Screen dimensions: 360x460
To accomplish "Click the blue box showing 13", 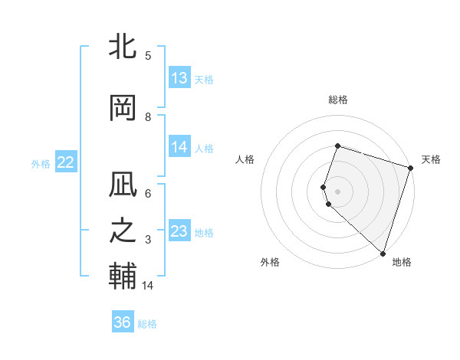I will pyautogui.click(x=179, y=78).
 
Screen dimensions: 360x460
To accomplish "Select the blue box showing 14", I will pyautogui.click(x=179, y=147).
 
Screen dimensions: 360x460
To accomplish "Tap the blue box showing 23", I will pyautogui.click(x=179, y=231).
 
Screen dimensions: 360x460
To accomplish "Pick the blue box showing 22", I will pyautogui.click(x=65, y=162).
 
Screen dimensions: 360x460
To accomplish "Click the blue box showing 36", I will pyautogui.click(x=123, y=322).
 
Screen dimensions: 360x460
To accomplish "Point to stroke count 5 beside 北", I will pyautogui.click(x=148, y=55).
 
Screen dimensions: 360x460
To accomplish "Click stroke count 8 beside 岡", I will pyautogui.click(x=148, y=116).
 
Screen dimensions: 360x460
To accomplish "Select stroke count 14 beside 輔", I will pyautogui.click(x=148, y=285).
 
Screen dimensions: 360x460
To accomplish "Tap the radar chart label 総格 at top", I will pyautogui.click(x=338, y=100).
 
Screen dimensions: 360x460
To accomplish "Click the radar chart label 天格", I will pyautogui.click(x=431, y=159).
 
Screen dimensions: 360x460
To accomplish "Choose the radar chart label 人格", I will pyautogui.click(x=245, y=159).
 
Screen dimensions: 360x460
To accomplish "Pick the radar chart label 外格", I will pyautogui.click(x=270, y=262).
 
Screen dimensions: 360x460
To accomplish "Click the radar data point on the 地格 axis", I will pyautogui.click(x=383, y=253).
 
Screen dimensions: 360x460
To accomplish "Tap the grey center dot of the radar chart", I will pyautogui.click(x=338, y=191).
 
